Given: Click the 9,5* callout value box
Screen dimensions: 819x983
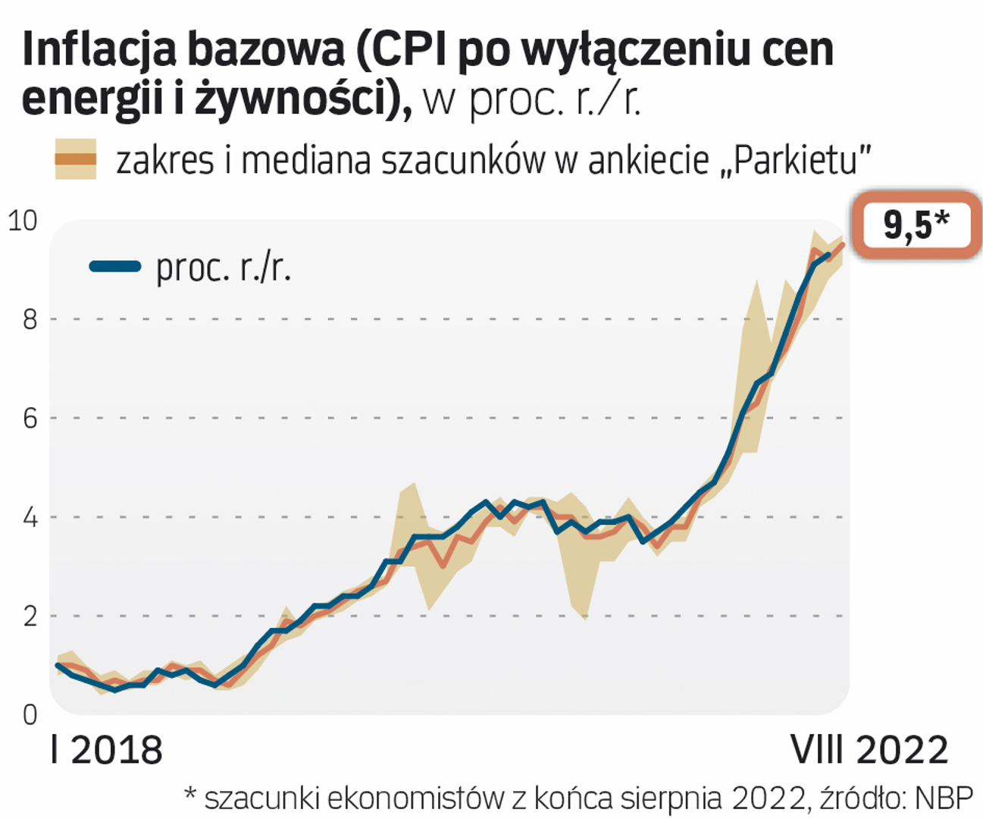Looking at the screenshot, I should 916,225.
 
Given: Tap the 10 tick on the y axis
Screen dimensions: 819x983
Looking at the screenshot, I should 22,221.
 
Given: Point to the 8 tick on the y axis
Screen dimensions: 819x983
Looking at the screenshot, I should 30,319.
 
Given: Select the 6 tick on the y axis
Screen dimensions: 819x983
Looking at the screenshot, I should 30,418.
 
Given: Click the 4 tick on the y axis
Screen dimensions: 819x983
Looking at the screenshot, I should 30,517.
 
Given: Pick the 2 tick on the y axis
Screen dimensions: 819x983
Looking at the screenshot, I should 30,616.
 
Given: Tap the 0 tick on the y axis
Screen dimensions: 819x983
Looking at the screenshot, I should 30,714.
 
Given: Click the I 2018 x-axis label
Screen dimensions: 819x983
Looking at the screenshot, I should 106,750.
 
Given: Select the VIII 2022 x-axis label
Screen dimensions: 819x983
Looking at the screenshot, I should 869,750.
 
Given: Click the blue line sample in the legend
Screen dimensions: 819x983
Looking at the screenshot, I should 115,266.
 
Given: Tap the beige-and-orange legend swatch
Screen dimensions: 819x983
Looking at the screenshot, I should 75,158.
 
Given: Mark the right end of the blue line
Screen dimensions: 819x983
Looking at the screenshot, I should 828,255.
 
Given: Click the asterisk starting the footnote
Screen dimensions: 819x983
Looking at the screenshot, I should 191,793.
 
